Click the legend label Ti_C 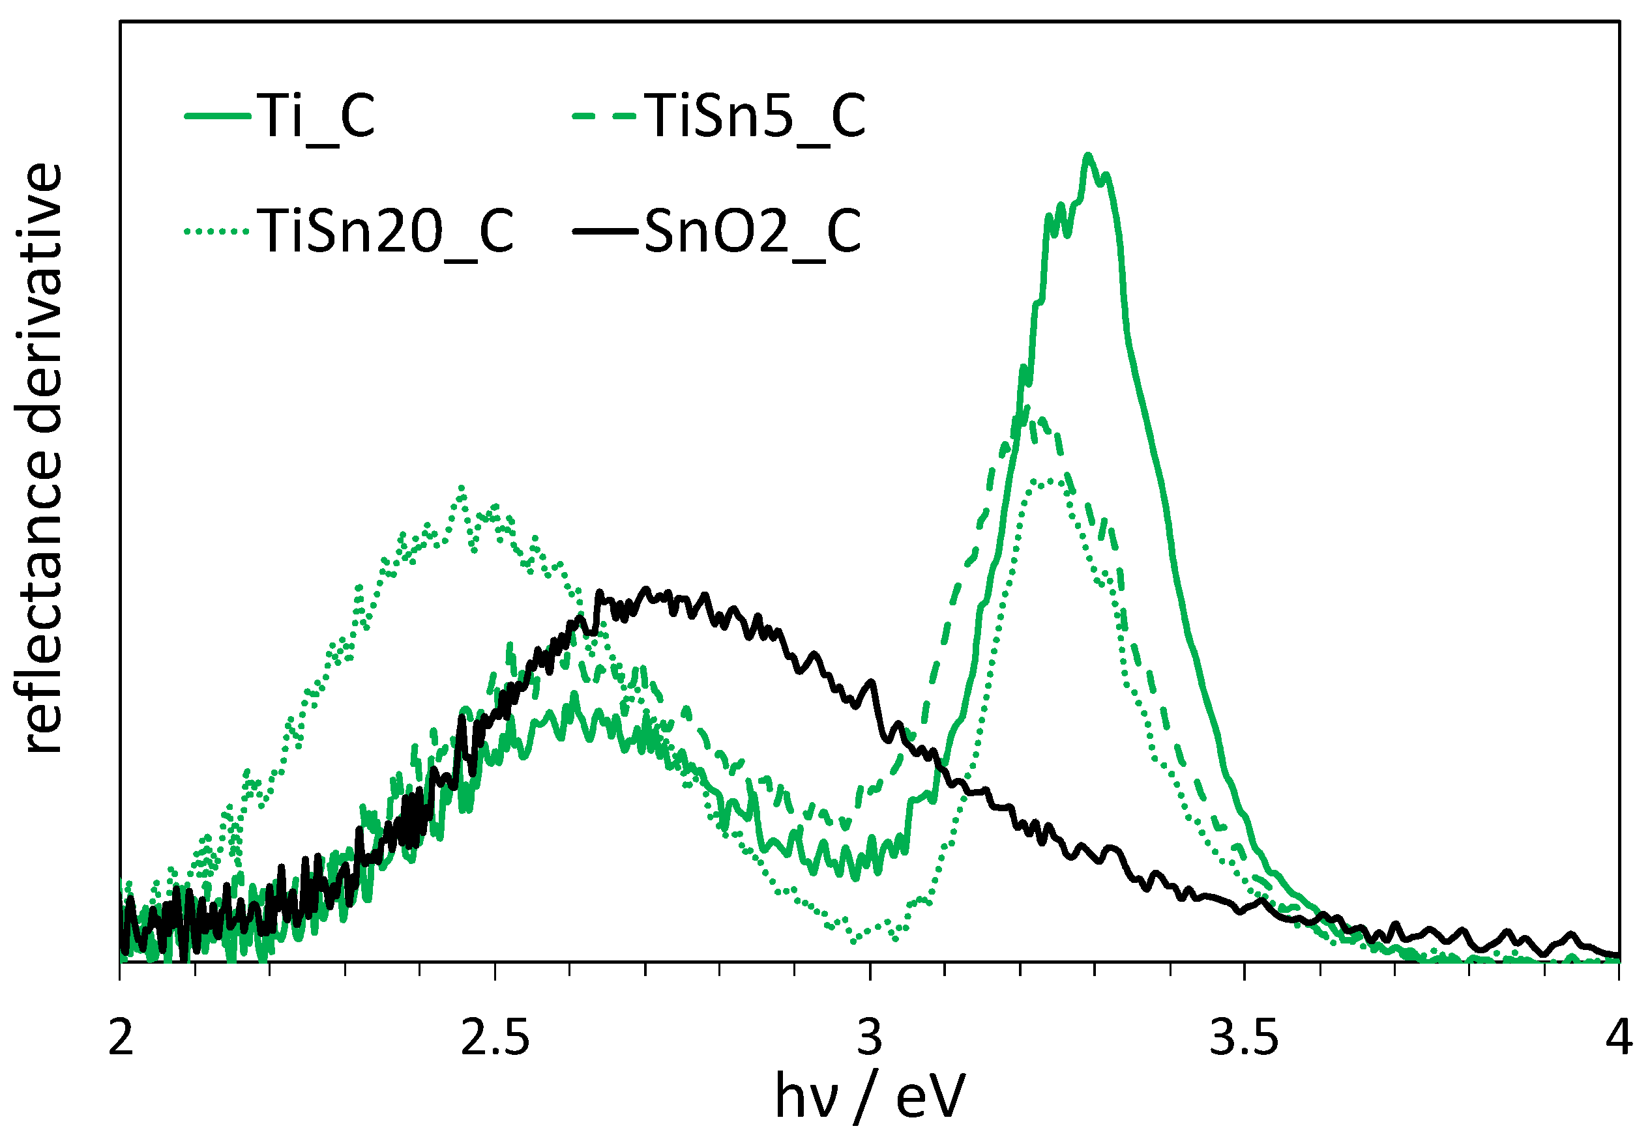point(318,116)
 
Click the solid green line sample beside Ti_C point(216,115)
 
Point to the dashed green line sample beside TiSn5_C point(604,115)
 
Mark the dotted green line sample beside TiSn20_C point(216,231)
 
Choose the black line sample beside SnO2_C point(604,231)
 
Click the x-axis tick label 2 point(121,1037)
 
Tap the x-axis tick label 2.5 point(495,1037)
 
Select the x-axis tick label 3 point(870,1037)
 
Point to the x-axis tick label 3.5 point(1245,1037)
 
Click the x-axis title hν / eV point(870,1097)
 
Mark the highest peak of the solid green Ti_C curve point(1087,155)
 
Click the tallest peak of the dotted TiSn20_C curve point(462,489)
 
